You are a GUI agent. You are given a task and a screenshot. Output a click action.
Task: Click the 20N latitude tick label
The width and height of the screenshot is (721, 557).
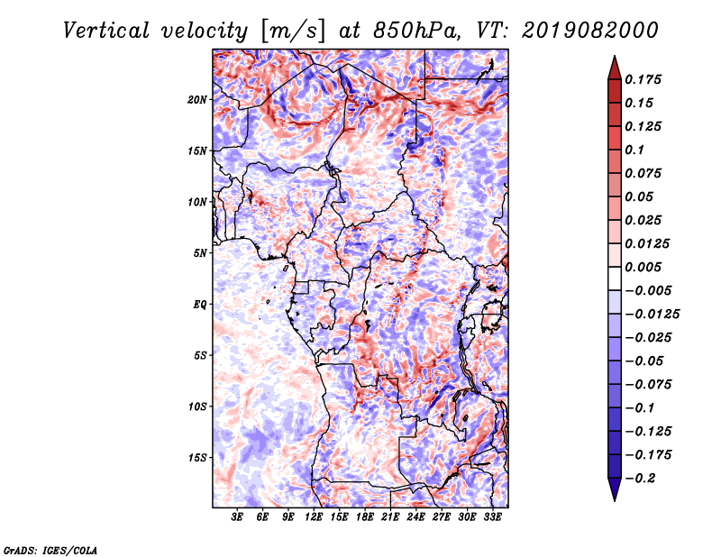click(196, 100)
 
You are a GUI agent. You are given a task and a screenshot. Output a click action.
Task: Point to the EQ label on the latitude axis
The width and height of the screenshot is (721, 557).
click(199, 305)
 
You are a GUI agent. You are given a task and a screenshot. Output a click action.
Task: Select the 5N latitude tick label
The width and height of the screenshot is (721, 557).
click(200, 253)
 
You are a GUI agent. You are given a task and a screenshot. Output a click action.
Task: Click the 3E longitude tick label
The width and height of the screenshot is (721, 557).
click(237, 516)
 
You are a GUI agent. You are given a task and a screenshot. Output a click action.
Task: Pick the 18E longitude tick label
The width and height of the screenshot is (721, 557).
click(364, 516)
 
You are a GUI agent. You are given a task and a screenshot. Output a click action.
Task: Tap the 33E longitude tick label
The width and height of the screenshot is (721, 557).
click(492, 516)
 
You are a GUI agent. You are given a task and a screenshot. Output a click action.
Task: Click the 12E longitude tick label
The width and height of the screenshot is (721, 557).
click(313, 516)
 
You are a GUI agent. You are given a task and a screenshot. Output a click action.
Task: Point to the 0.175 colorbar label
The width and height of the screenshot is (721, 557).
click(643, 79)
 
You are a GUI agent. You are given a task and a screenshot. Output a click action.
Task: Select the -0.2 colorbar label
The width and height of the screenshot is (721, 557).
click(639, 479)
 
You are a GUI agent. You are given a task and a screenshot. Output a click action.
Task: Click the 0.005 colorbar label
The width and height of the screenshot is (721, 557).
click(643, 267)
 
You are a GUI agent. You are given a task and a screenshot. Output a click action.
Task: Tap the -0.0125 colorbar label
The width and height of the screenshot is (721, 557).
click(652, 315)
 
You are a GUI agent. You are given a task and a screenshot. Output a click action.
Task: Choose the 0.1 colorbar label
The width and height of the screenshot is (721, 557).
click(634, 150)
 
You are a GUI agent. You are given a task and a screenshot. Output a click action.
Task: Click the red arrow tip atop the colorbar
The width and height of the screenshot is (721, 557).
click(615, 56)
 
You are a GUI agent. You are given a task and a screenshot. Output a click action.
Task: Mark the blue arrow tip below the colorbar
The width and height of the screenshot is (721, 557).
click(615, 500)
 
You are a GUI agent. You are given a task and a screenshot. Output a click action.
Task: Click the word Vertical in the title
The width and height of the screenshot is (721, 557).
click(106, 31)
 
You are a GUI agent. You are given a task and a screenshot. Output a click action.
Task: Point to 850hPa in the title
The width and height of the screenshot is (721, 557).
click(416, 31)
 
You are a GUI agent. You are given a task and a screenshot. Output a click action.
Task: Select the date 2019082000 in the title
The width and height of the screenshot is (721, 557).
click(590, 31)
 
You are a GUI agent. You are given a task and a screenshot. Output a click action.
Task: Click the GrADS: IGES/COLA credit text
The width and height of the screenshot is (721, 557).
click(50, 550)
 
